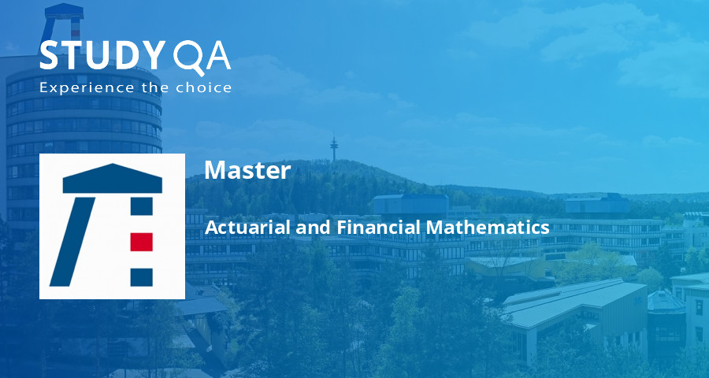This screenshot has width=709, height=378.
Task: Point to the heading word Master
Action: (247, 171)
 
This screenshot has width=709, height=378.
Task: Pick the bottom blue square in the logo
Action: (141, 276)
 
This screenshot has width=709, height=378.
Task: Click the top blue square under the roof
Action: (141, 206)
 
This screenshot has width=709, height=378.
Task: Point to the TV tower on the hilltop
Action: (333, 147)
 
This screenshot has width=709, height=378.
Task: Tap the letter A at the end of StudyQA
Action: (217, 57)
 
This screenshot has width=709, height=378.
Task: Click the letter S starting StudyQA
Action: (50, 56)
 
